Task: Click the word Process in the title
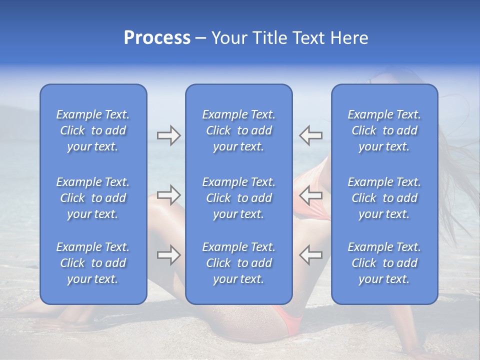(157, 38)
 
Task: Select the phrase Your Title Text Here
(289, 38)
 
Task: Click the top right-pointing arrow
(168, 135)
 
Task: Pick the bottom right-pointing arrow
(168, 255)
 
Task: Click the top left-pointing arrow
(310, 135)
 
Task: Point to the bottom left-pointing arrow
(310, 255)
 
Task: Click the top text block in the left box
(93, 130)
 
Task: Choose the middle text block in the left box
(93, 198)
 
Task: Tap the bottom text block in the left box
(93, 263)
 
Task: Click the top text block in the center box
(238, 130)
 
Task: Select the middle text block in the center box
(238, 198)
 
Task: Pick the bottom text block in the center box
(238, 263)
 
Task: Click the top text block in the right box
(384, 130)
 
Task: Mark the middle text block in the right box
(384, 198)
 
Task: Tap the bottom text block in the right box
(384, 263)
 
